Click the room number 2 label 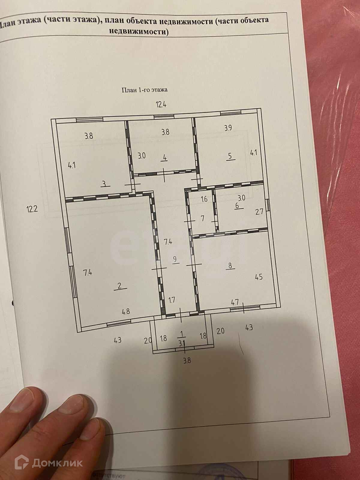pyautogui.click(x=120, y=286)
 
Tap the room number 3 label pyautogui.click(x=104, y=184)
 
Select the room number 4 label pyautogui.click(x=164, y=157)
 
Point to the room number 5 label pyautogui.click(x=230, y=156)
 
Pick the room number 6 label pyautogui.click(x=237, y=205)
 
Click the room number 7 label pyautogui.click(x=202, y=218)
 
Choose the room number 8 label pyautogui.click(x=230, y=265)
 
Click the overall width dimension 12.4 pyautogui.click(x=161, y=104)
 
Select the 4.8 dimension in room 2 pyautogui.click(x=126, y=311)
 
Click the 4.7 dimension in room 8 pyautogui.click(x=235, y=302)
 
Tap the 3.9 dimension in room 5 pyautogui.click(x=228, y=128)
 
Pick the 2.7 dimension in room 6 pyautogui.click(x=259, y=212)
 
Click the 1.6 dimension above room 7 pyautogui.click(x=204, y=199)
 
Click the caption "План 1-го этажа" pyautogui.click(x=144, y=89)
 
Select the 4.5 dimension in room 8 pyautogui.click(x=259, y=277)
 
